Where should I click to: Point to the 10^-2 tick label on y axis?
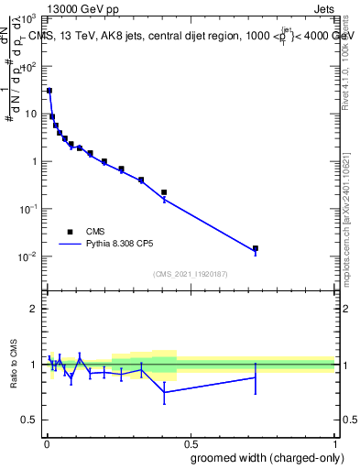click(27, 256)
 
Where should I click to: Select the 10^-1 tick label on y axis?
click(27, 209)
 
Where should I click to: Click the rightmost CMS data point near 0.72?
click(256, 248)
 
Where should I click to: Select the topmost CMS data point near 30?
click(49, 91)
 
